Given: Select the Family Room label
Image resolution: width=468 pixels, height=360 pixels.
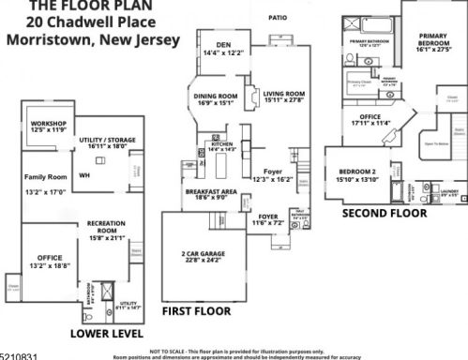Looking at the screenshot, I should (45, 175).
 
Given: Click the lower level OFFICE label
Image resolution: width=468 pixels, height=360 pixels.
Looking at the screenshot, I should (49, 257).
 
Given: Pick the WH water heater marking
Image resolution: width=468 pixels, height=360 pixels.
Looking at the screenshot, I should (83, 174).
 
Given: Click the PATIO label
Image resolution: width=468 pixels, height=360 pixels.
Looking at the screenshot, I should (277, 18).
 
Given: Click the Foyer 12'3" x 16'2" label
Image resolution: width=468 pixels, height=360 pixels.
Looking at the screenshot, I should (273, 173).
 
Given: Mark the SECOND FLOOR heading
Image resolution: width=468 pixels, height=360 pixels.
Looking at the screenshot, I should (384, 214).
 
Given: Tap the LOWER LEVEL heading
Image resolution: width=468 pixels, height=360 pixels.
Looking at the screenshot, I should (106, 334).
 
